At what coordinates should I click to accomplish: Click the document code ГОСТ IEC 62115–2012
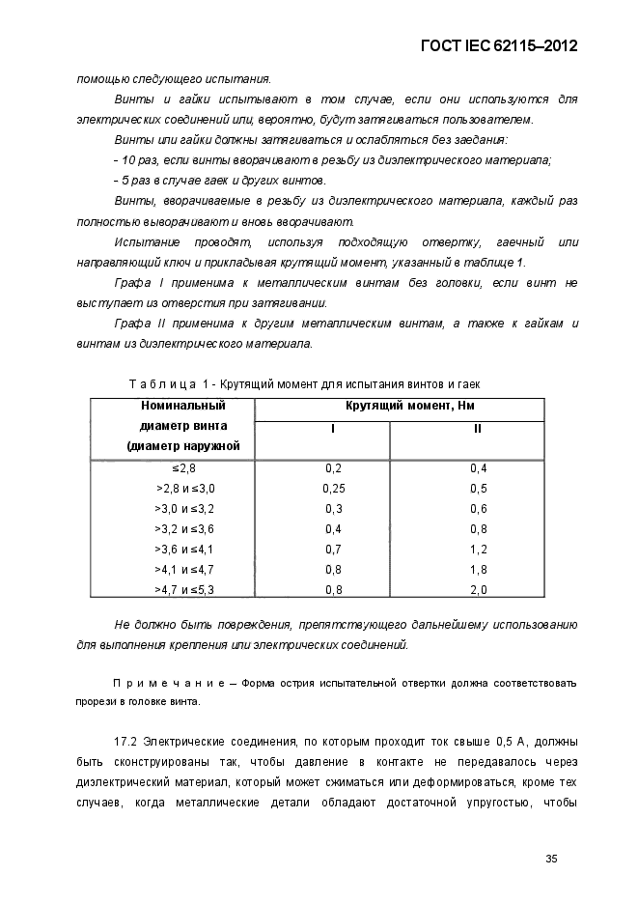tap(507, 45)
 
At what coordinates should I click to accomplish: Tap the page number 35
tap(552, 857)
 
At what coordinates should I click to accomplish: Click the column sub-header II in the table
tap(478, 427)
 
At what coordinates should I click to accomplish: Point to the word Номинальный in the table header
tap(174, 406)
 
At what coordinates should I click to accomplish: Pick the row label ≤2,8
tap(185, 467)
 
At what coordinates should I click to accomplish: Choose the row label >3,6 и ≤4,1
tap(185, 549)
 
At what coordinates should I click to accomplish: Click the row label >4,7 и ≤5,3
tap(185, 589)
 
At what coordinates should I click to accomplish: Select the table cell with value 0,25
tap(334, 488)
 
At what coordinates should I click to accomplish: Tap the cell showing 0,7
tap(334, 549)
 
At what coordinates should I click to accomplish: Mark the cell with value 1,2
tap(478, 549)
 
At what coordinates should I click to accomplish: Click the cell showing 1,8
tap(478, 569)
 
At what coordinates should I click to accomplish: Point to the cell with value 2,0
tap(478, 589)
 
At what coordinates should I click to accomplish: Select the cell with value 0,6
tap(478, 508)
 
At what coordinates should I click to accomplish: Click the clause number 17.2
tap(126, 742)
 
